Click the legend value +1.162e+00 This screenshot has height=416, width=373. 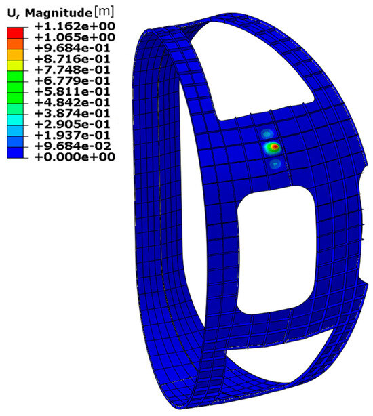tap(75, 26)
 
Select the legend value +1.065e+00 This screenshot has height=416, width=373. tap(75, 37)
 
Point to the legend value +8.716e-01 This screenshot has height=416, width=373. tap(73, 59)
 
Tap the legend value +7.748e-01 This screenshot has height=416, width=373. tap(73, 70)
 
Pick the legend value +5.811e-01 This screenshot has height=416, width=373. tap(73, 91)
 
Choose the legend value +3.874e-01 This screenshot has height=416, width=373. tap(73, 113)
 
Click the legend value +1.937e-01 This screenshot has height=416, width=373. tap(73, 135)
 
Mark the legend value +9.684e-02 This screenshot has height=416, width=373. tap(73, 146)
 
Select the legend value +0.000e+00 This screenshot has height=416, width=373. tap(75, 157)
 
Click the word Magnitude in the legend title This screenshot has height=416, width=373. tap(58, 14)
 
